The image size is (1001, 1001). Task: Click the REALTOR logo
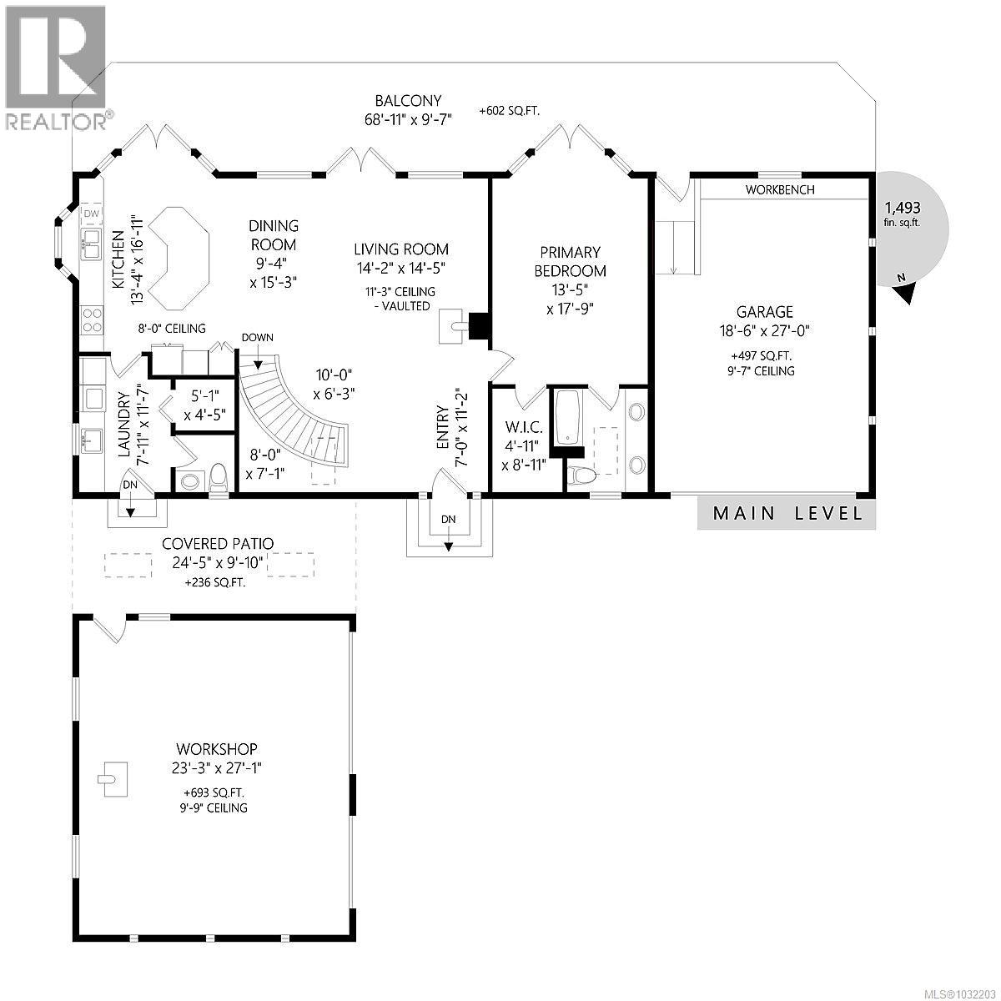[x=55, y=67]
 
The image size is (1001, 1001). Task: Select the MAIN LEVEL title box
[x=787, y=514]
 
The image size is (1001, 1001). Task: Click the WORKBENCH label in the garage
[x=780, y=190]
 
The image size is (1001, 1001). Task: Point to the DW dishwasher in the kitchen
[x=92, y=215]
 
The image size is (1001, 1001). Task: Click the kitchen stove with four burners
[x=93, y=320]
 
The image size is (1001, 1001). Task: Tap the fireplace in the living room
[x=480, y=326]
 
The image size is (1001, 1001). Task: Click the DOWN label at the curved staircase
[x=256, y=338]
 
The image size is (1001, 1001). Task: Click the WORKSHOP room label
[x=216, y=749]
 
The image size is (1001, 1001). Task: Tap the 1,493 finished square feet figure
[x=903, y=208]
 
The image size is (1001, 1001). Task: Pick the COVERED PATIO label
[x=217, y=544]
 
